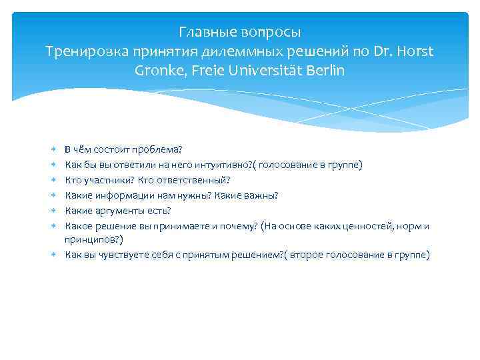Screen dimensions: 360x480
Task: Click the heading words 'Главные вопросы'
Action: [240, 32]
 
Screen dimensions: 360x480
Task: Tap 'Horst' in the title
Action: [417, 51]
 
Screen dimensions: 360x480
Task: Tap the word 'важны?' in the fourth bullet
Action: [261, 195]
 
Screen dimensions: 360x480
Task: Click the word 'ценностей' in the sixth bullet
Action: [365, 227]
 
